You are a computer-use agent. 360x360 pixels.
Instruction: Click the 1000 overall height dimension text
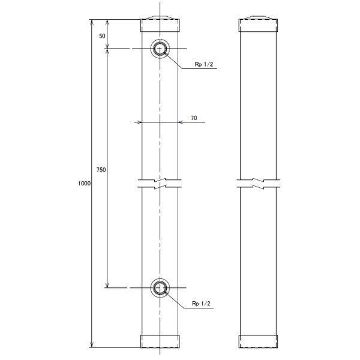coord(84,184)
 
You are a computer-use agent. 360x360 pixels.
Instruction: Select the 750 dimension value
coord(101,170)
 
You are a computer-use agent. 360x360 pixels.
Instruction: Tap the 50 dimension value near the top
coord(102,36)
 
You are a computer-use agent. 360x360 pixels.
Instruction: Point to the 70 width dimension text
coord(194,118)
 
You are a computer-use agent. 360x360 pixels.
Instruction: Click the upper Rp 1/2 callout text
coord(204,64)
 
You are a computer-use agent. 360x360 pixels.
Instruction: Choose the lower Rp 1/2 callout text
coord(201,304)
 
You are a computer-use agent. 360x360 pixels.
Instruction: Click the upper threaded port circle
coord(160,39)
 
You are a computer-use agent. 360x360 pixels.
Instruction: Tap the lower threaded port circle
coord(160,278)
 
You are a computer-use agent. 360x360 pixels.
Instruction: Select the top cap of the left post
coord(160,25)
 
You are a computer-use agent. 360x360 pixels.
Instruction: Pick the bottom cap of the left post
coord(160,341)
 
